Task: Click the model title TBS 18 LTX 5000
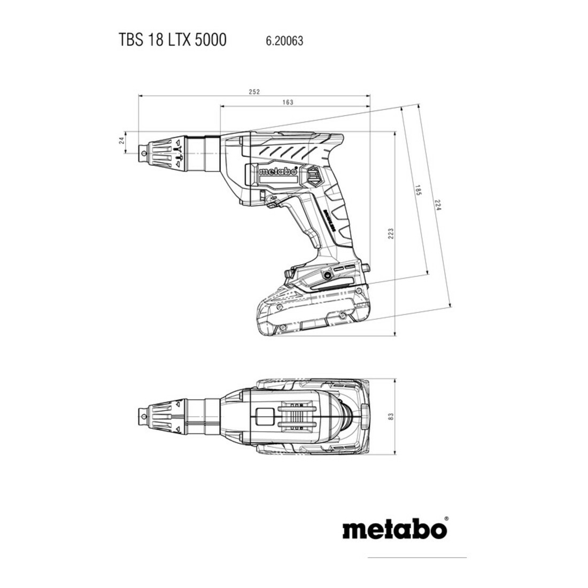coord(173,40)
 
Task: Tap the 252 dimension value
coord(254,92)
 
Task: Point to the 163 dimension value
coord(288,102)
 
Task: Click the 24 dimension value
coord(121,141)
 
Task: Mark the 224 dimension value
coord(437,204)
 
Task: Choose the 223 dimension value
coord(391,234)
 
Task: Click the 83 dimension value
coord(391,416)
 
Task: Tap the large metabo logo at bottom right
coord(395,528)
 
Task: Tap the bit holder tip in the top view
coord(144,416)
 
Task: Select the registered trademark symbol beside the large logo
coord(446,519)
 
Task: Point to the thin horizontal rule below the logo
coord(417,558)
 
